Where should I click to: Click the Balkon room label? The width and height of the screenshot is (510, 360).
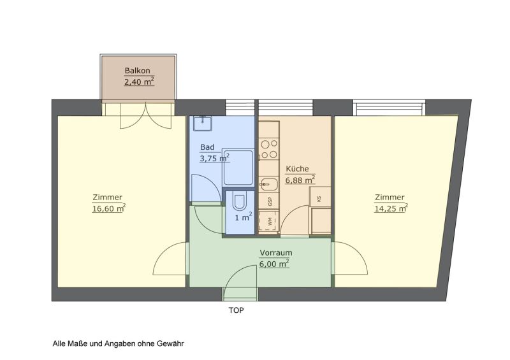click(x=138, y=71)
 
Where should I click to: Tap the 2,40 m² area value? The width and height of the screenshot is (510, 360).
click(x=139, y=82)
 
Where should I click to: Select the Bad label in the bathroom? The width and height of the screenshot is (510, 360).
click(x=207, y=147)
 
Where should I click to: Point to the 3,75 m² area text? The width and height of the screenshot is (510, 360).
click(x=215, y=158)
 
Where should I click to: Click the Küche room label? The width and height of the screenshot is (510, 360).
click(x=297, y=168)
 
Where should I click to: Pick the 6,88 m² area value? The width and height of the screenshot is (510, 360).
click(x=300, y=180)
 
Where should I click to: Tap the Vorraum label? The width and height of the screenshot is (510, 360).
click(x=276, y=253)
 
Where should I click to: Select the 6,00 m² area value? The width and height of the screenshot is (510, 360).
click(x=274, y=263)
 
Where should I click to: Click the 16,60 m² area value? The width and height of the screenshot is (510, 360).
click(x=108, y=208)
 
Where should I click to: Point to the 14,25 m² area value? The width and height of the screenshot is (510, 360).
click(x=391, y=208)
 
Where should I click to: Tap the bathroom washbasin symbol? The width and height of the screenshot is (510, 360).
click(x=203, y=123)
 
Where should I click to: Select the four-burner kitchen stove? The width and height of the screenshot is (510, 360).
click(x=269, y=149)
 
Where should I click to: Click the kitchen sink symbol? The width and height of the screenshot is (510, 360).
click(x=268, y=185)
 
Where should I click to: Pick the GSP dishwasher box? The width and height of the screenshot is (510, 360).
click(x=269, y=201)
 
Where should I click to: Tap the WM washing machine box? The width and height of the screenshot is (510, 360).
click(x=269, y=222)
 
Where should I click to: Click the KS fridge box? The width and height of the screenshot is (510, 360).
click(x=320, y=196)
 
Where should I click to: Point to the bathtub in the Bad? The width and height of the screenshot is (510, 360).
click(x=238, y=168)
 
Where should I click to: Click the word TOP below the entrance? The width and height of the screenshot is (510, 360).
click(x=236, y=310)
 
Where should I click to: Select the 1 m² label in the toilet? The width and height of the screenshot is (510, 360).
click(x=244, y=217)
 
